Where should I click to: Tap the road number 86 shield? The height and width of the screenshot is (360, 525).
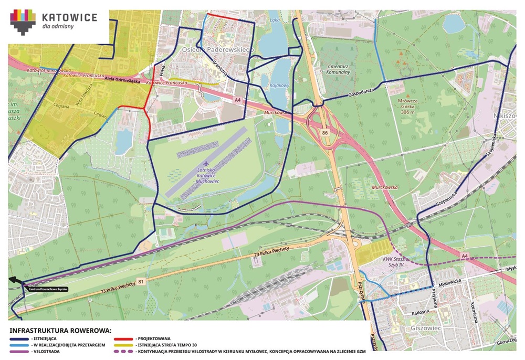pyautogui.click(x=325, y=133)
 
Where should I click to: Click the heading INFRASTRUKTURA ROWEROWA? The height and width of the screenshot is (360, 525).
pyautogui.click(x=61, y=331)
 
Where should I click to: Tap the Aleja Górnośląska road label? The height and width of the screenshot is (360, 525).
pyautogui.click(x=124, y=81)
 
